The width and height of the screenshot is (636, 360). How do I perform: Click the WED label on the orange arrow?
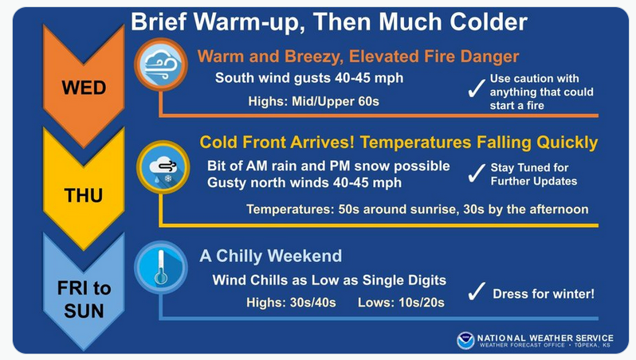[84, 88]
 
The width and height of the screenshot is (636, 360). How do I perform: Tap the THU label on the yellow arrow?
[83, 195]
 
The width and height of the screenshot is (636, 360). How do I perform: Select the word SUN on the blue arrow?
[84, 311]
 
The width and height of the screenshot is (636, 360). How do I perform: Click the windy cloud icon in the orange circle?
[161, 64]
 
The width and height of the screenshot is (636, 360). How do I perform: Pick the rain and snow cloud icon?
[163, 167]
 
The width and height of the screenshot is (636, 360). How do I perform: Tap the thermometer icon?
[161, 267]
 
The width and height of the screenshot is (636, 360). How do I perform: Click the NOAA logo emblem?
[465, 340]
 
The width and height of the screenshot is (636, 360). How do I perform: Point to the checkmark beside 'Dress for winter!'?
[477, 292]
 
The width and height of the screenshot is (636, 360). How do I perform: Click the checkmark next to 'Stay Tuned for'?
[477, 173]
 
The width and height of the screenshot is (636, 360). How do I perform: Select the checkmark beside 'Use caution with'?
[477, 88]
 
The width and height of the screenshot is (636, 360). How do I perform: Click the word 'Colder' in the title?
[489, 22]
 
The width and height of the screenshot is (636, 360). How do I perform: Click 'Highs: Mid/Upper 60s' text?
[313, 101]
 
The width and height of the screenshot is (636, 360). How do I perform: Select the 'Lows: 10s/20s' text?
[401, 303]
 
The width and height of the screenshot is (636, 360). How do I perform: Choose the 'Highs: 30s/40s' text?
[291, 303]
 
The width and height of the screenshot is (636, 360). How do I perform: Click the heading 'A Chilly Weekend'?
[270, 256]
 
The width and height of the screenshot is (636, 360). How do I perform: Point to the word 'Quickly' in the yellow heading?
[567, 143]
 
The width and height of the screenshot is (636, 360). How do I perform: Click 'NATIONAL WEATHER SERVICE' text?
[545, 338]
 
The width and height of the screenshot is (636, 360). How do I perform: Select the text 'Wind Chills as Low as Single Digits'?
[329, 280]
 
